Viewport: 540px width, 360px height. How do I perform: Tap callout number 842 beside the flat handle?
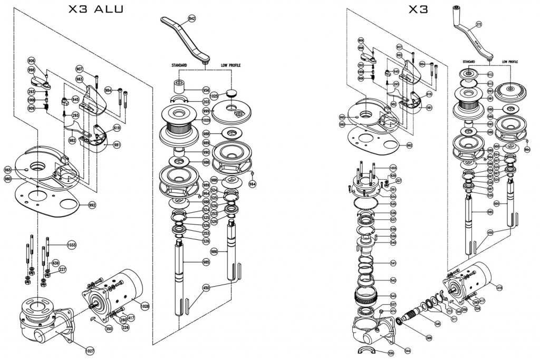tap(191, 18)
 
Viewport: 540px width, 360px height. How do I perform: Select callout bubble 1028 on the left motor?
tap(144, 305)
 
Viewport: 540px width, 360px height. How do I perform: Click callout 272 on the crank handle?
tap(479, 24)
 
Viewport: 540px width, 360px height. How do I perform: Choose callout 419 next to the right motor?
tap(499, 287)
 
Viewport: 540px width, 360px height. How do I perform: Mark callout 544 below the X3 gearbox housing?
tap(408, 351)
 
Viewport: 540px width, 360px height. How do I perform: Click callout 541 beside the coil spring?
tap(393, 262)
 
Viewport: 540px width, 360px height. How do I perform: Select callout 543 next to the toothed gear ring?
tap(393, 296)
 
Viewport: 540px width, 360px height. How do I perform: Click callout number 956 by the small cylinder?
tap(206, 90)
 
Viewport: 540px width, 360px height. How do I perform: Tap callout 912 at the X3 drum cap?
tap(490, 75)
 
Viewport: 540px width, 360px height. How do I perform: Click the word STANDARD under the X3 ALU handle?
tap(179, 66)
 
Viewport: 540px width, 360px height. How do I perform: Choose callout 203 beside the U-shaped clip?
tap(206, 102)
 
